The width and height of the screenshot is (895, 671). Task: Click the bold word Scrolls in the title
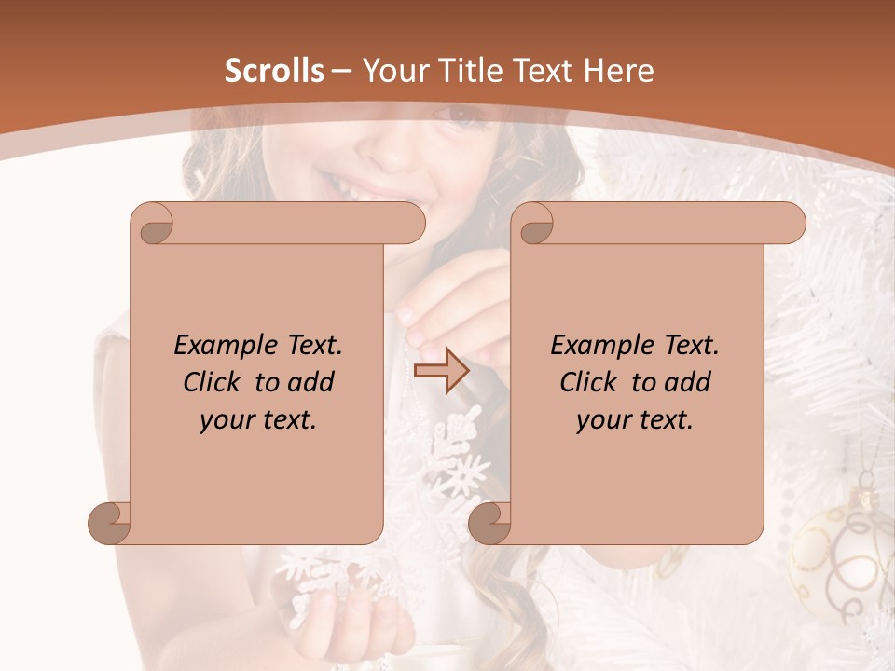click(274, 71)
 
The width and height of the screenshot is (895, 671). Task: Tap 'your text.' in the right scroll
click(635, 419)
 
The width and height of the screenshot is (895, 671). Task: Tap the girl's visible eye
click(463, 116)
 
